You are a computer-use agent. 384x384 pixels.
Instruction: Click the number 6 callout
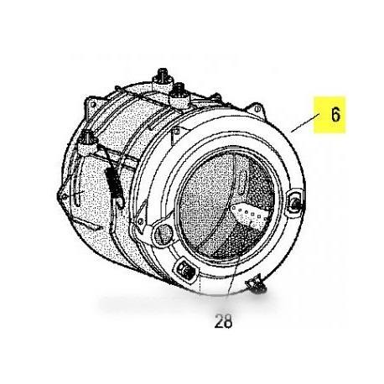pos(335,115)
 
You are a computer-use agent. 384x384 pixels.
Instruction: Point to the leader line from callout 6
pos(304,128)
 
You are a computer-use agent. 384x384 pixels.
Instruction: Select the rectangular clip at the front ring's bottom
pos(180,271)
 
